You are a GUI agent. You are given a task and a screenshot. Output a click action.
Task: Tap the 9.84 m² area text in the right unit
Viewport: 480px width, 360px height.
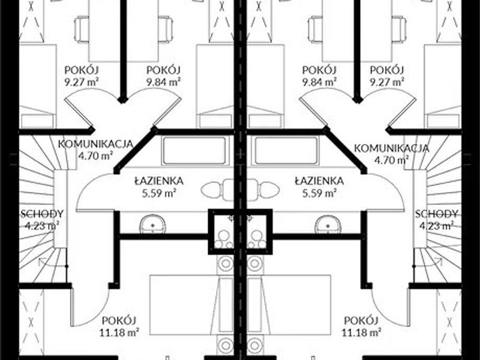(x=319, y=82)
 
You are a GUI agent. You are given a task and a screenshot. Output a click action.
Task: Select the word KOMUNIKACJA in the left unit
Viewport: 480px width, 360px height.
(x=95, y=144)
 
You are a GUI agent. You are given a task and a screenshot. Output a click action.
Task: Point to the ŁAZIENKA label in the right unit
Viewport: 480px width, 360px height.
(x=319, y=181)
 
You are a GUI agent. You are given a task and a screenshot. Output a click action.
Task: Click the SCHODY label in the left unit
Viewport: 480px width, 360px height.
(x=42, y=214)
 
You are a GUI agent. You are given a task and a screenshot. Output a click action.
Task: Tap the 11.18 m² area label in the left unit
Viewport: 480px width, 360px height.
(x=119, y=332)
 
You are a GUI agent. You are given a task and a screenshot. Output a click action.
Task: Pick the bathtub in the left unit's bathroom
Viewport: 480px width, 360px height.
(x=194, y=151)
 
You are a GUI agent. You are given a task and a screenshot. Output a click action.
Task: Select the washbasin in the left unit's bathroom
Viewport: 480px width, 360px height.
(x=153, y=224)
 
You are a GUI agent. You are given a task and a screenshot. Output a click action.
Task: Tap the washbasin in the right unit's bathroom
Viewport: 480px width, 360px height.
(x=328, y=224)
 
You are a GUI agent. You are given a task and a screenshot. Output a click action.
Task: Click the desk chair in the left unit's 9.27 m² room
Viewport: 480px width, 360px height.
(x=82, y=29)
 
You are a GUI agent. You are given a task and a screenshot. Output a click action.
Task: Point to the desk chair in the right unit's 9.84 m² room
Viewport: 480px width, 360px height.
(x=316, y=29)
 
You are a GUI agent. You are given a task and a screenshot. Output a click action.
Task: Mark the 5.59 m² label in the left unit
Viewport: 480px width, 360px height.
(x=159, y=193)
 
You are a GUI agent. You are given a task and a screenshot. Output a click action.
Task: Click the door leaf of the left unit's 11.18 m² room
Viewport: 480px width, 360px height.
(x=72, y=307)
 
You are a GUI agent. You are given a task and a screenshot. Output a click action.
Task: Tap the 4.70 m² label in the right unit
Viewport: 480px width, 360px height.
(x=392, y=160)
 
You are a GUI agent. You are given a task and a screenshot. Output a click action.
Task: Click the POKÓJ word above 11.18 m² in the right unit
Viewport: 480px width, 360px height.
(x=361, y=321)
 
